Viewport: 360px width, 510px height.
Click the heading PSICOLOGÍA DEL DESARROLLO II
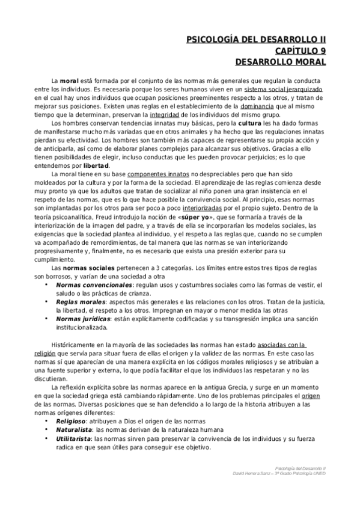click(x=257, y=40)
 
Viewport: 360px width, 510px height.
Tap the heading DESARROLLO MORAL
click(x=280, y=61)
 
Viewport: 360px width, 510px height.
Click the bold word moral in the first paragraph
click(x=70, y=80)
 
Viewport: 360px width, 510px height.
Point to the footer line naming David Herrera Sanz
click(x=282, y=473)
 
